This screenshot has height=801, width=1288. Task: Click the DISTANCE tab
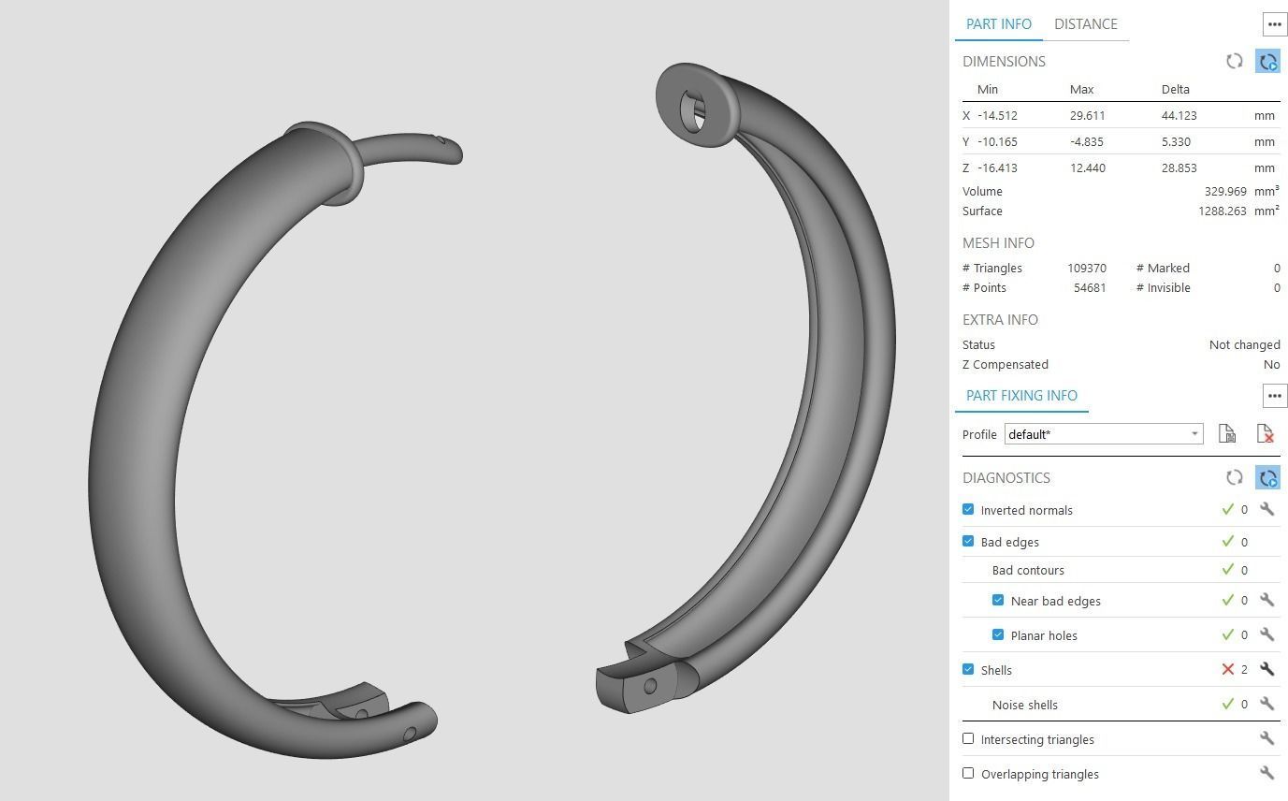click(1085, 24)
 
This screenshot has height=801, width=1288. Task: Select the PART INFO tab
click(998, 24)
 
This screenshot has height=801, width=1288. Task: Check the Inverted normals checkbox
click(968, 510)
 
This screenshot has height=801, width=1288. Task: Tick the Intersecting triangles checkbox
click(968, 739)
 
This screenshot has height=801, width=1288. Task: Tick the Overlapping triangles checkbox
click(968, 774)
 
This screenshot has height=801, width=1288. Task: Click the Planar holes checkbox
click(998, 635)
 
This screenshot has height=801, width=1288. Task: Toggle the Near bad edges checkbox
click(998, 601)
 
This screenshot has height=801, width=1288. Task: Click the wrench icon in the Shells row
click(1266, 670)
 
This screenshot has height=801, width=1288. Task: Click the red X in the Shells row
click(1227, 670)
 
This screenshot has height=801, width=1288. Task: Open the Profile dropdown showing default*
click(1104, 434)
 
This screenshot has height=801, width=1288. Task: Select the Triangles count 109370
click(1086, 269)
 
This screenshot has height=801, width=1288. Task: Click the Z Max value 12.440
click(1087, 168)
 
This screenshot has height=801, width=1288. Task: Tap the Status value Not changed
click(1244, 345)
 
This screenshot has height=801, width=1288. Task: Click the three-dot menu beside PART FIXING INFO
click(1274, 396)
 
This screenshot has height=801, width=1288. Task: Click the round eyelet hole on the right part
click(693, 111)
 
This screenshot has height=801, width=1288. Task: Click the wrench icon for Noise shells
click(1266, 705)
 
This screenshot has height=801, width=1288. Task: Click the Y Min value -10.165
click(997, 142)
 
